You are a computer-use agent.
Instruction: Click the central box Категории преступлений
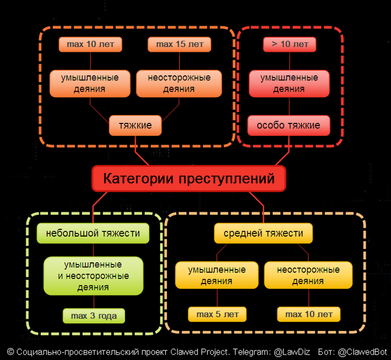tap(189, 179)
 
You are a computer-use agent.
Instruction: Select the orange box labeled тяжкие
tap(135, 126)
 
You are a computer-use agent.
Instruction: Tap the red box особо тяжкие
tap(289, 126)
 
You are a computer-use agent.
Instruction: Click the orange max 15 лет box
tap(179, 45)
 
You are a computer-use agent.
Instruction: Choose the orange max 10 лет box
tap(90, 45)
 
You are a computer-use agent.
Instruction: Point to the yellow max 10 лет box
tap(308, 314)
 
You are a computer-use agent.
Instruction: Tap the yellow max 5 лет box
tap(217, 314)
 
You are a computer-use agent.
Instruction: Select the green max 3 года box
tap(94, 316)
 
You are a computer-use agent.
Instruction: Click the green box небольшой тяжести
tap(93, 233)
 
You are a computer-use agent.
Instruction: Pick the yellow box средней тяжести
tap(263, 233)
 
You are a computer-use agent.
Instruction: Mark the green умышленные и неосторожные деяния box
tap(93, 276)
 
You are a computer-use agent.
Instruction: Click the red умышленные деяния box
tap(289, 83)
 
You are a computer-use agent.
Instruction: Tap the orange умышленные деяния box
tap(89, 83)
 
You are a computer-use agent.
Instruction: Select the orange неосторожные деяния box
tap(179, 83)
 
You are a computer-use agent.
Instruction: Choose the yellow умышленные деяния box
tap(217, 276)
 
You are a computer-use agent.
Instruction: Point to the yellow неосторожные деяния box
tap(308, 276)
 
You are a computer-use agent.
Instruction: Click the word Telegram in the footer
tap(247, 352)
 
